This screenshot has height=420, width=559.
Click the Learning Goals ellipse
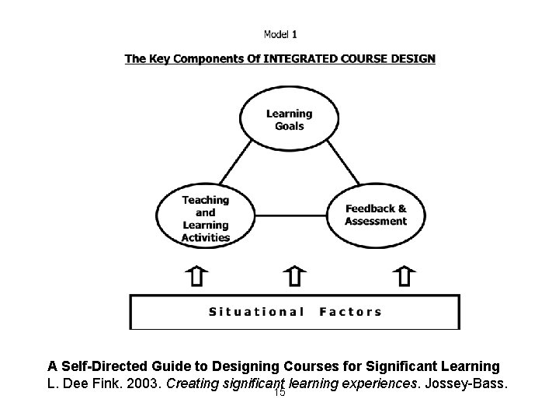click(289, 120)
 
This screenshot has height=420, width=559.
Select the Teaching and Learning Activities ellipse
click(206, 218)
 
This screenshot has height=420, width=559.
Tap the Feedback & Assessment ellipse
click(376, 215)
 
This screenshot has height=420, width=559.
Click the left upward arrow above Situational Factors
click(199, 276)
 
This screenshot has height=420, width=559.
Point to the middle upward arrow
click(294, 276)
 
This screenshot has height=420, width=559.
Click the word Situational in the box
click(257, 312)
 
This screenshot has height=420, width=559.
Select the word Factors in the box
click(351, 312)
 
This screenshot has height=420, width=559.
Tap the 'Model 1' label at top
click(280, 33)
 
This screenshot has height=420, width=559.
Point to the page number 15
click(280, 393)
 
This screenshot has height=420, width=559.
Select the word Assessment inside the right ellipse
click(376, 221)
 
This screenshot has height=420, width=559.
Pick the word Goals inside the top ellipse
click(289, 126)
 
